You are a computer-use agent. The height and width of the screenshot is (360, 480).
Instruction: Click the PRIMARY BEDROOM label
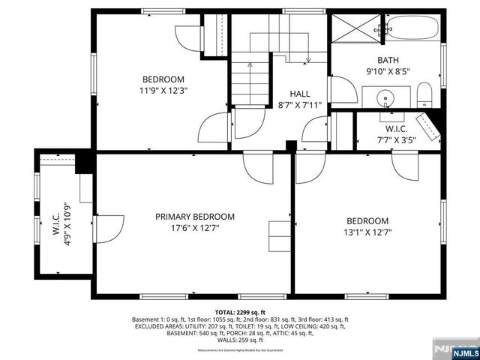click(194, 217)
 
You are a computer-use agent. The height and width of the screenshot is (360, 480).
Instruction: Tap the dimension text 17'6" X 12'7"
click(194, 229)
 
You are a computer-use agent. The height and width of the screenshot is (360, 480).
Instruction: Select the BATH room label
click(388, 61)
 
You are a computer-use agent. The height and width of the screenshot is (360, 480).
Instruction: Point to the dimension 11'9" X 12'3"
click(164, 91)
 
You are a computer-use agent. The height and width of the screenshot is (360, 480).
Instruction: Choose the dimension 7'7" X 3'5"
click(394, 139)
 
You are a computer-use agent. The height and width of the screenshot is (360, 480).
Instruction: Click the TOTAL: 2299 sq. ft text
click(240, 311)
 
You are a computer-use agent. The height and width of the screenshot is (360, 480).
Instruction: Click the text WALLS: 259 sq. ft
click(240, 341)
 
